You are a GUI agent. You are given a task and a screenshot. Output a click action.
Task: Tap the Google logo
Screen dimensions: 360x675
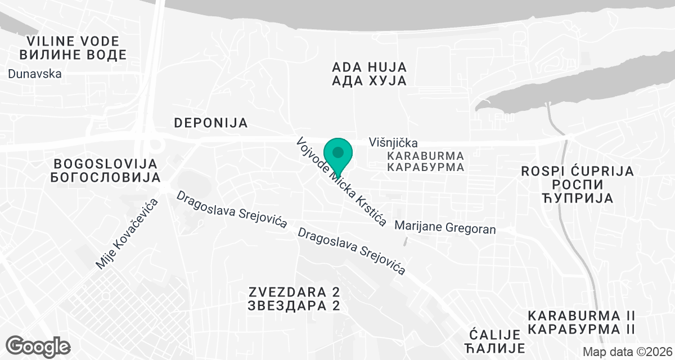(x=38, y=346)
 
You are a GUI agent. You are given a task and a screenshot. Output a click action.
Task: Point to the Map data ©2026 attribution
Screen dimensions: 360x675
(x=627, y=352)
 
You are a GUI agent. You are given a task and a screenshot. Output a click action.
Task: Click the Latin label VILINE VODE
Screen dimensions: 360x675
(x=73, y=41)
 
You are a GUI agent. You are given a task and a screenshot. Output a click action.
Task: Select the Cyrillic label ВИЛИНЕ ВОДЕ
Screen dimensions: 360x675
(x=73, y=55)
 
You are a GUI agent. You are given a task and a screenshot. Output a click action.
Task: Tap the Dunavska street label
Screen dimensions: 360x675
(x=35, y=74)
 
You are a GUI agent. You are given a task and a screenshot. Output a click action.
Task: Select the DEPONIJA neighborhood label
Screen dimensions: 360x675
(x=211, y=123)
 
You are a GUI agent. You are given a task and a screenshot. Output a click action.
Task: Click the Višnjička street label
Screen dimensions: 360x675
(x=393, y=143)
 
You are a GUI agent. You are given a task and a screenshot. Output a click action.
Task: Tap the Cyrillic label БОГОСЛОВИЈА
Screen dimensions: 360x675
(x=106, y=178)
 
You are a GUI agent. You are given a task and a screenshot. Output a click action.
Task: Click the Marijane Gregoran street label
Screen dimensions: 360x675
(x=445, y=228)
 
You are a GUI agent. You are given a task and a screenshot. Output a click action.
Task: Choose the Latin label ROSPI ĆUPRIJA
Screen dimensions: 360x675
(x=578, y=171)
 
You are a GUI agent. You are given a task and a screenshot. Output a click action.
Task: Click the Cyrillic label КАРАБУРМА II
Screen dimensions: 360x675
(x=582, y=328)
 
